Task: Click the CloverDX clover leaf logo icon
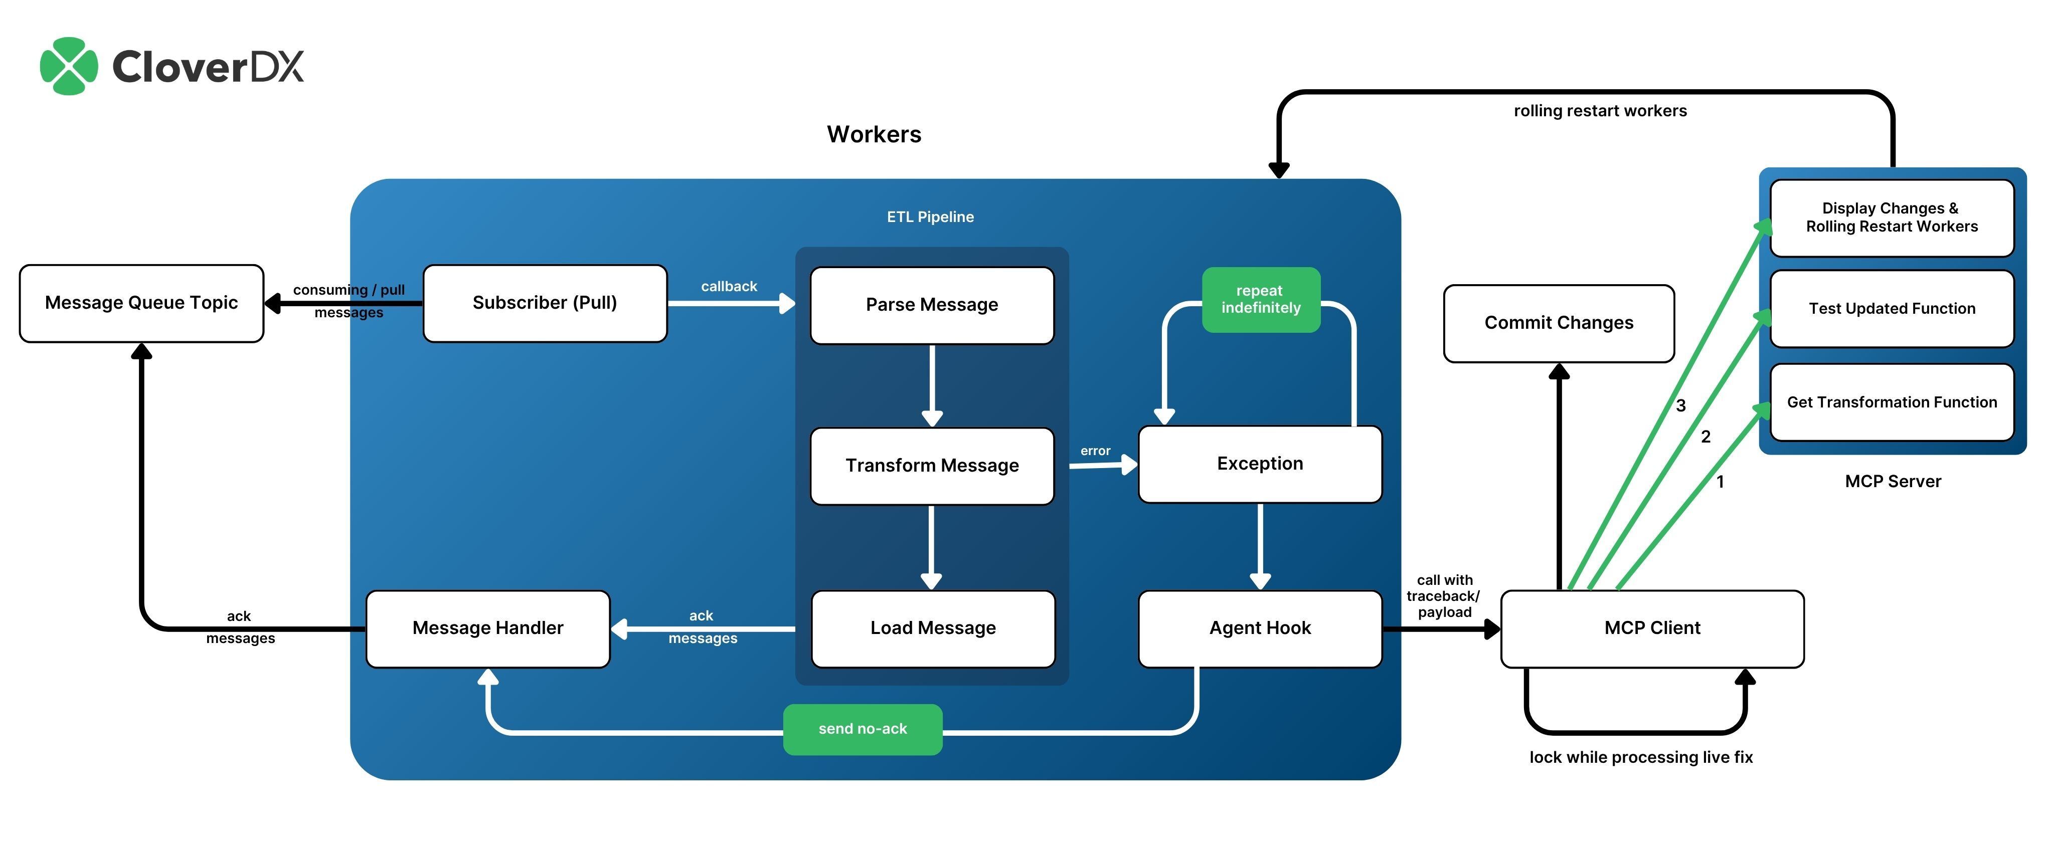(69, 66)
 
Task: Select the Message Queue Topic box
(141, 303)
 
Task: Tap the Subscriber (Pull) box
(545, 303)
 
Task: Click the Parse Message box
(932, 305)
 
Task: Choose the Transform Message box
(932, 465)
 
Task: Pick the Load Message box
(932, 628)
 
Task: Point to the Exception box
(1260, 464)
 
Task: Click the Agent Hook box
(1260, 628)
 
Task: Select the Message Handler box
(487, 628)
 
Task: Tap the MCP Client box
(1652, 628)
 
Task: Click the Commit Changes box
(1559, 323)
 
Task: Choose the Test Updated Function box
(1892, 309)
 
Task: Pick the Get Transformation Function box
(1892, 402)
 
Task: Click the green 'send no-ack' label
(863, 729)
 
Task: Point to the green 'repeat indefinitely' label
(1261, 299)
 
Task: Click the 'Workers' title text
(874, 134)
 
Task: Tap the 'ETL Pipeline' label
(930, 217)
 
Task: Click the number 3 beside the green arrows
(1680, 406)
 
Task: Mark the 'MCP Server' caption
(1893, 481)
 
